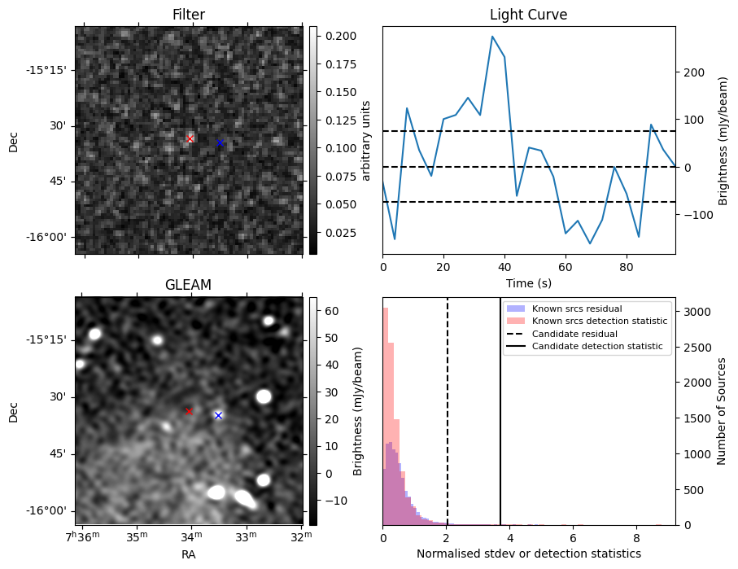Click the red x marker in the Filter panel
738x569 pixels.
pyautogui.click(x=190, y=138)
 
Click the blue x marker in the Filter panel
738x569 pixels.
pyautogui.click(x=219, y=143)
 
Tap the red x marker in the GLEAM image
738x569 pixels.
pyautogui.click(x=189, y=411)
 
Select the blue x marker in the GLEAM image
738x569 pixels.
pyautogui.click(x=218, y=415)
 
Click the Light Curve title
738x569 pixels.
pyautogui.click(x=528, y=15)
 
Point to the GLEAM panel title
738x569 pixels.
pyautogui.click(x=188, y=285)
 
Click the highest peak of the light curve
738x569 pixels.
pyautogui.click(x=492, y=36)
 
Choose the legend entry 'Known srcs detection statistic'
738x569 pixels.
pyautogui.click(x=599, y=322)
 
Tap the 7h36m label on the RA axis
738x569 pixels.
pyautogui.click(x=83, y=536)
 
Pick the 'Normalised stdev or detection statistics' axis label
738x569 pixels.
pyautogui.click(x=528, y=554)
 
